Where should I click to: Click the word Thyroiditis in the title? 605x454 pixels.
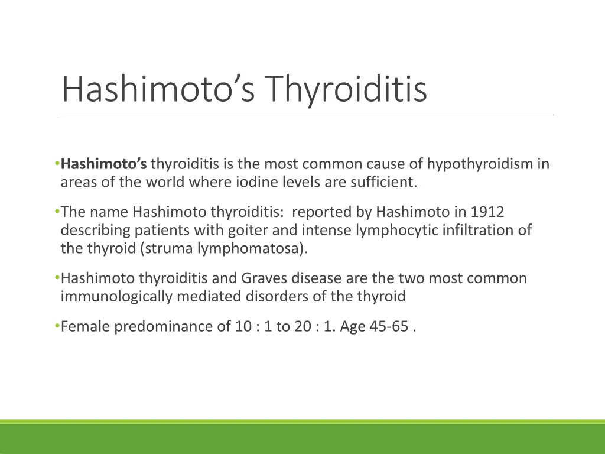[345, 89]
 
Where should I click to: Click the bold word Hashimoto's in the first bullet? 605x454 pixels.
[104, 164]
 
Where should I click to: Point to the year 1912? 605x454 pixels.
[487, 212]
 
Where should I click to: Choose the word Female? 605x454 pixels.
[85, 326]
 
